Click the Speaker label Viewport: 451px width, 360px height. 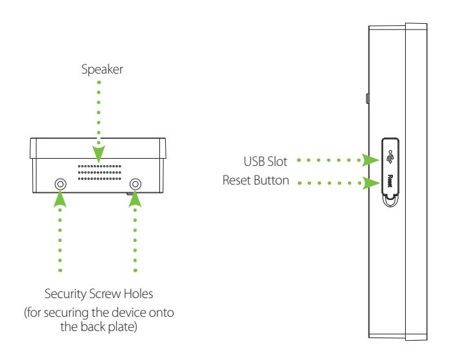click(102, 70)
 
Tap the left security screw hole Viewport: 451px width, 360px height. click(61, 184)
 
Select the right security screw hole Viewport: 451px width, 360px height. click(135, 184)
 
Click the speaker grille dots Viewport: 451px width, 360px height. click(99, 172)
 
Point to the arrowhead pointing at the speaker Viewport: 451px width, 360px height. click(99, 154)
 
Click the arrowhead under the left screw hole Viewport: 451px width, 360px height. click(60, 199)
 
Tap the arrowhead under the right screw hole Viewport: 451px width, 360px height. click(135, 199)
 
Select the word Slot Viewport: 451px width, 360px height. click(277, 161)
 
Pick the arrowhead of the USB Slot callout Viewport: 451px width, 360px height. click(370, 160)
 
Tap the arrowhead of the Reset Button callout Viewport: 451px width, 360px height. click(371, 183)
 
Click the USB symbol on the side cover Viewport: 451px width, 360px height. click(390, 157)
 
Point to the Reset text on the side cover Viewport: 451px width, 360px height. click(390, 181)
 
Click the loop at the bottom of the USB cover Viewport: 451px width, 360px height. click(390, 201)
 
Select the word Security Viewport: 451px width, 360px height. click(66, 294)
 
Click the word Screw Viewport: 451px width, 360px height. click(105, 294)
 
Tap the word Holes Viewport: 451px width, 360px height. click(138, 294)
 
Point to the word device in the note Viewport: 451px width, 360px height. click(128, 312)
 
